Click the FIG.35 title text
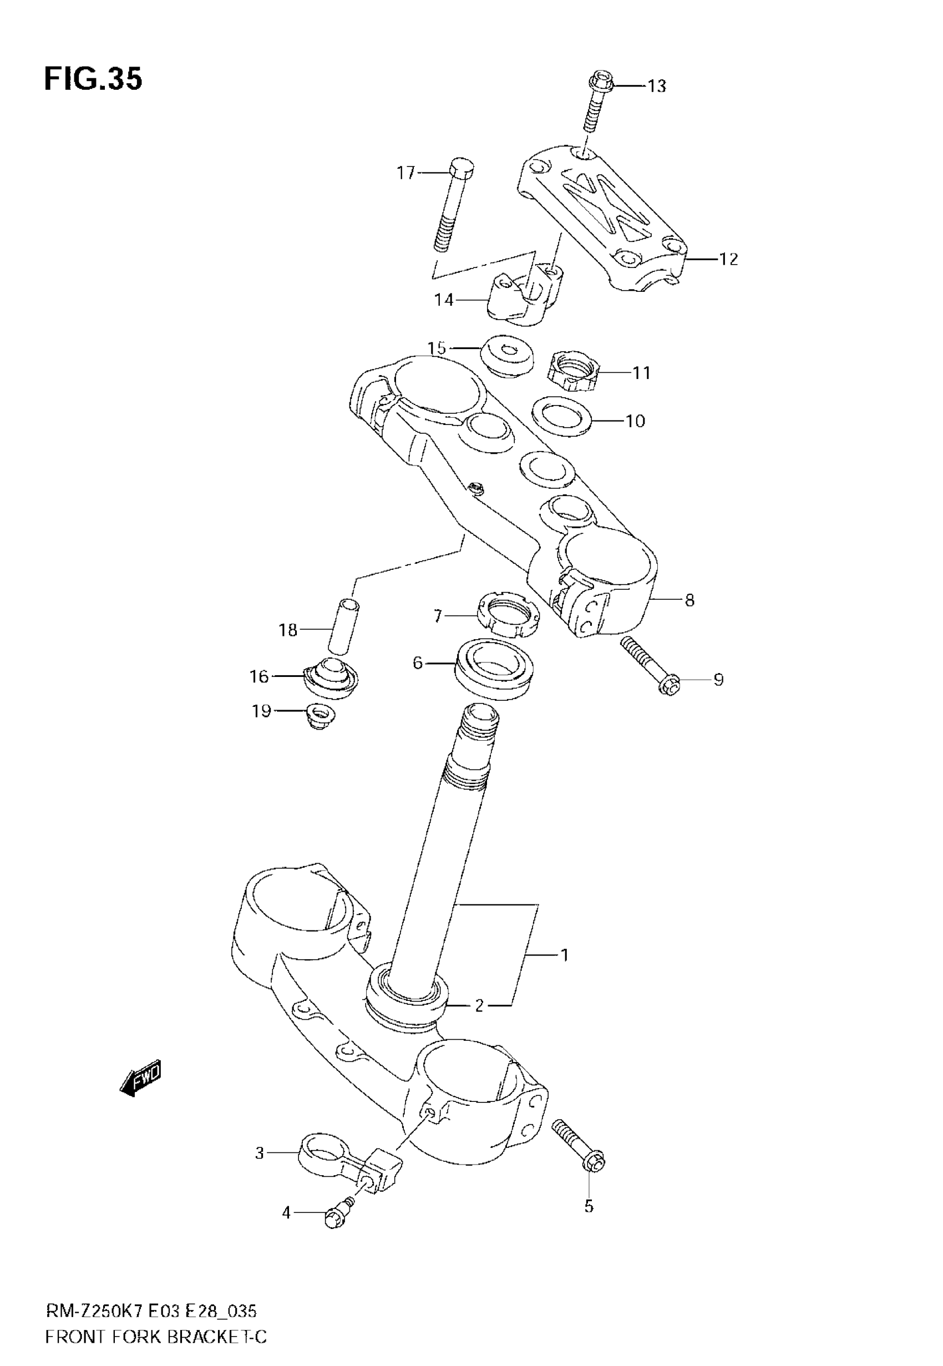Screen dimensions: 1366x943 click(93, 79)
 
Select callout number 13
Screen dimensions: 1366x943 click(656, 86)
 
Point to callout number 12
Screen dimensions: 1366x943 click(728, 259)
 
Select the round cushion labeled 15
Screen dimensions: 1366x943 click(507, 356)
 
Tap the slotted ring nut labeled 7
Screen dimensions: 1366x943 click(508, 618)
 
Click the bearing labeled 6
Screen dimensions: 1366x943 click(495, 670)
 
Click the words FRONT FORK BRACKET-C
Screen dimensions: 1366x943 click(156, 1337)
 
